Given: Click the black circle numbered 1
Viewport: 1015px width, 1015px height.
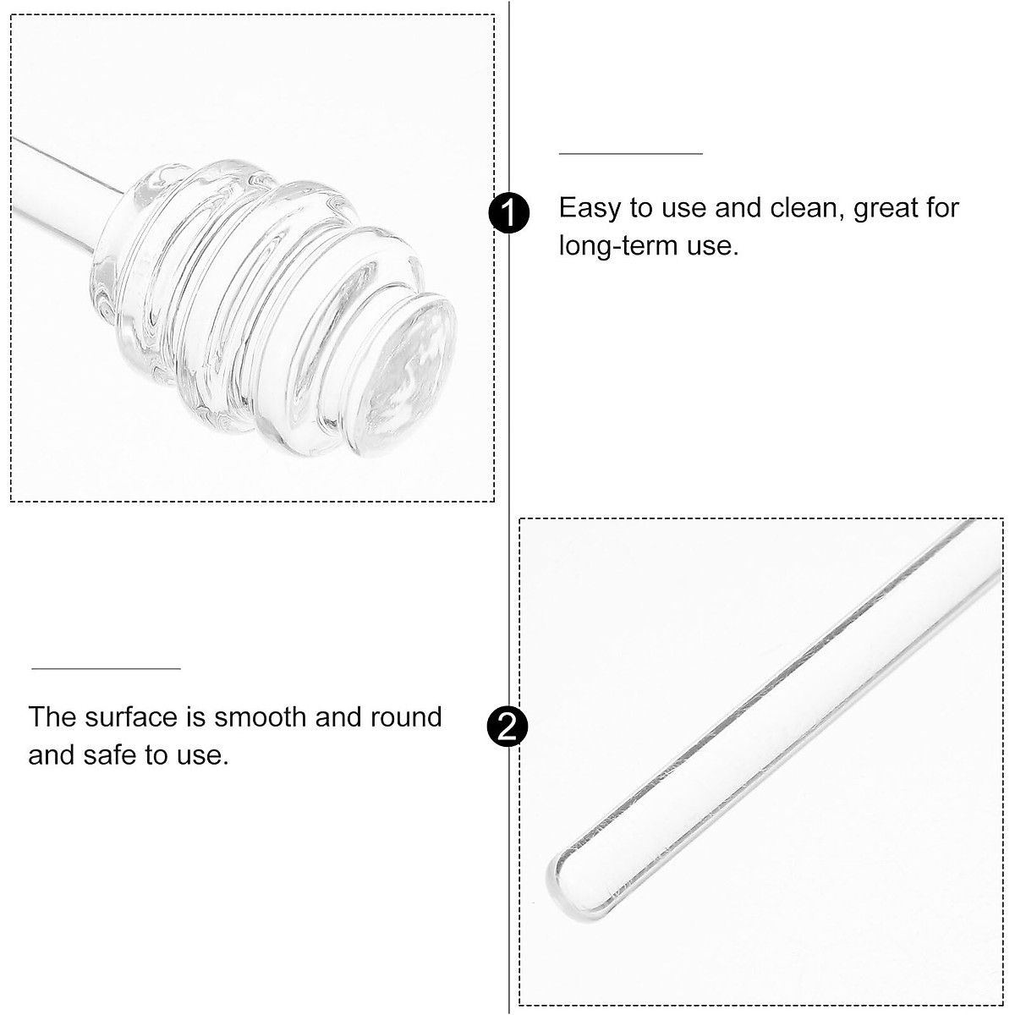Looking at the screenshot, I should tap(508, 213).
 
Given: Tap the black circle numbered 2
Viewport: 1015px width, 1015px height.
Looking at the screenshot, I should tap(508, 727).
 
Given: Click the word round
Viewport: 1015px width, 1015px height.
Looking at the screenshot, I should tap(407, 717).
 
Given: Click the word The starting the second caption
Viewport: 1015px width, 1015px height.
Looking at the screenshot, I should tap(52, 717).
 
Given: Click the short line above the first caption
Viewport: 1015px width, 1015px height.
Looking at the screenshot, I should tap(630, 154).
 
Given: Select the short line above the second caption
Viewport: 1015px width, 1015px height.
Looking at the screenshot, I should tap(106, 668).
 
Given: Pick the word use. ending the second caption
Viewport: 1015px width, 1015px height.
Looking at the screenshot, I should tap(201, 754).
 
